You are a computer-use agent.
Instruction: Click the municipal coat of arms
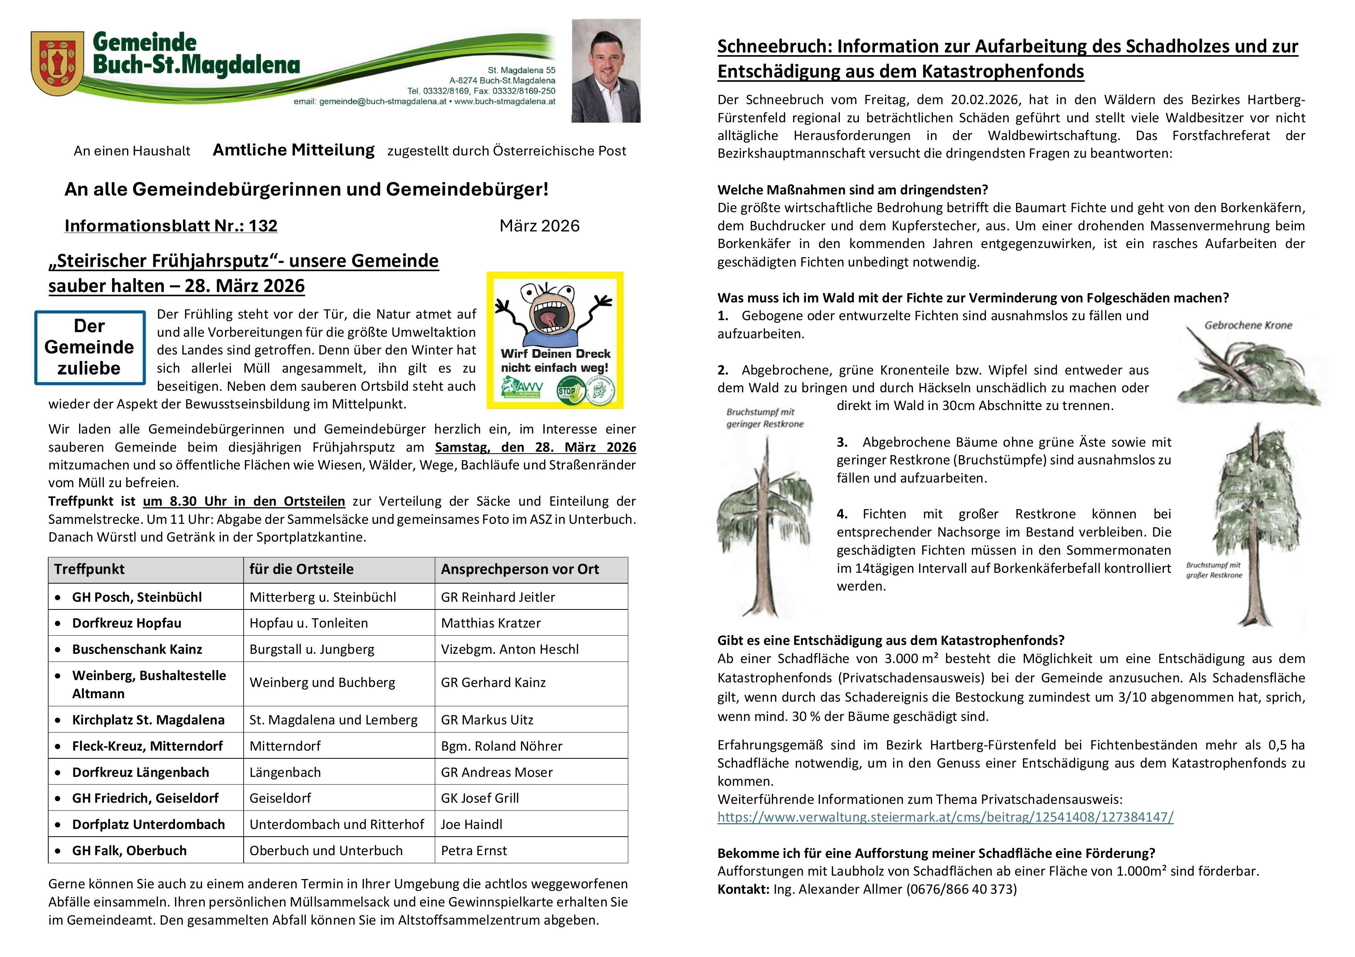[x=57, y=64]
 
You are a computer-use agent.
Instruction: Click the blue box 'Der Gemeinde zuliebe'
[x=90, y=347]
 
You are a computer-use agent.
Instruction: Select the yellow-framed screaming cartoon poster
[x=555, y=340]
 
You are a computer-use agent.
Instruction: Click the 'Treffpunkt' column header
[x=90, y=569]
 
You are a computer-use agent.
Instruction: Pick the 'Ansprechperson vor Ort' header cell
[x=519, y=569]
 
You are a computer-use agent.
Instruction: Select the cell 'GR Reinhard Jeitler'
[x=497, y=597]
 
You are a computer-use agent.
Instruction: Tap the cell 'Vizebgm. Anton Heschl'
[x=509, y=649]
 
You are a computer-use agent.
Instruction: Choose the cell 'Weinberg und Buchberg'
[x=322, y=682]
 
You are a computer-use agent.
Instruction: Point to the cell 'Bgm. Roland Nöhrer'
[x=502, y=746]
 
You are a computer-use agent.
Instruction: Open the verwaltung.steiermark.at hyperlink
[x=945, y=817]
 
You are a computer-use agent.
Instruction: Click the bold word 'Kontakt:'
[x=743, y=889]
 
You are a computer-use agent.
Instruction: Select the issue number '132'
[x=263, y=226]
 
